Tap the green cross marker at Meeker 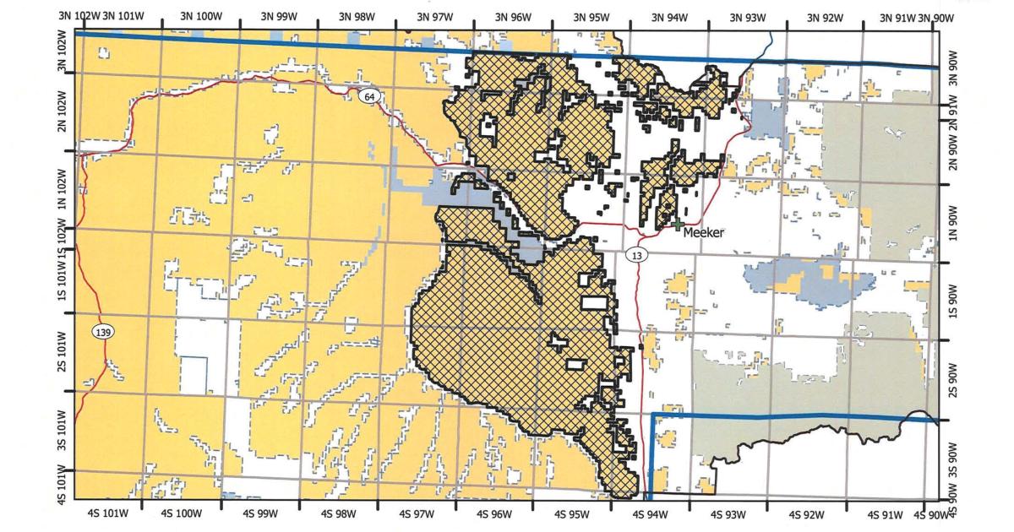pyautogui.click(x=677, y=225)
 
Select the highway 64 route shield pyautogui.click(x=369, y=96)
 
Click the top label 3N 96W pyautogui.click(x=513, y=17)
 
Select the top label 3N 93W pyautogui.click(x=748, y=17)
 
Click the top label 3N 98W pyautogui.click(x=357, y=17)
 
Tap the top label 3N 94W pyautogui.click(x=669, y=17)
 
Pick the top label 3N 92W pyautogui.click(x=826, y=17)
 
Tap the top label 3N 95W pyautogui.click(x=591, y=17)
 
